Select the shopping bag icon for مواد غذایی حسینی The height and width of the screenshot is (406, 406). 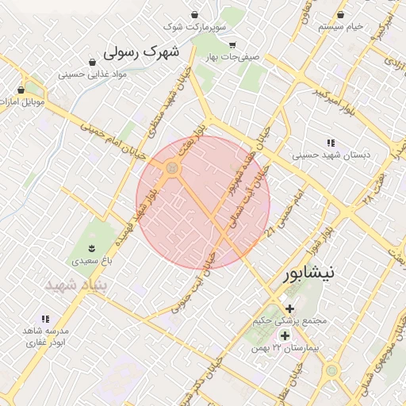pos(92,62)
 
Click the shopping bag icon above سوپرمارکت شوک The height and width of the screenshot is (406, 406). pos(195,15)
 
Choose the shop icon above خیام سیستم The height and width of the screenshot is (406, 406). pos(340,15)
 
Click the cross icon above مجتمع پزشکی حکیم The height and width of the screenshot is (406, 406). pos(289,308)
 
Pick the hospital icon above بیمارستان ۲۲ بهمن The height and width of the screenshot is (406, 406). pos(285,335)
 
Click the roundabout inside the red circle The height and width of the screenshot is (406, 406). pos(171,168)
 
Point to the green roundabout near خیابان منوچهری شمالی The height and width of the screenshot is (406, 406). pos(331,370)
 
